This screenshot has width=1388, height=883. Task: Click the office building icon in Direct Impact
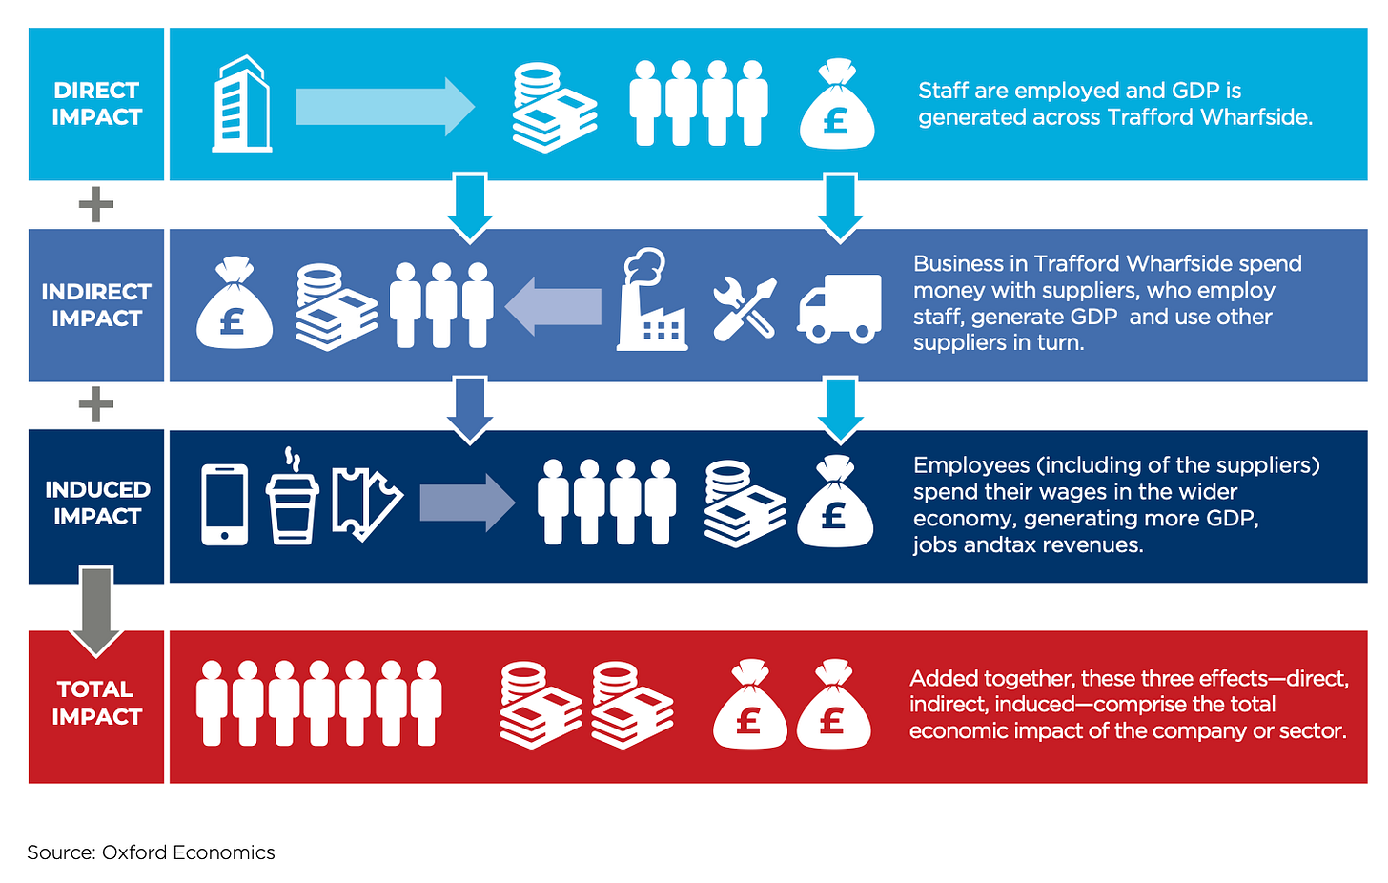pos(241,104)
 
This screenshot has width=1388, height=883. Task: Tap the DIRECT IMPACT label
pos(96,104)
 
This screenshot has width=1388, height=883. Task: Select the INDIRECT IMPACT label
pos(96,305)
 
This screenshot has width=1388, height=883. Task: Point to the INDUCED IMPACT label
pos(97,503)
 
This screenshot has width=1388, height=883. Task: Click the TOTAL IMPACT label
pos(96,703)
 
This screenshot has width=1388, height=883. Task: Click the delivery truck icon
pos(839,308)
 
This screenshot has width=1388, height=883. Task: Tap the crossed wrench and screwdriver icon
pos(745,308)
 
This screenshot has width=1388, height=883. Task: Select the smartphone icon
pos(225,504)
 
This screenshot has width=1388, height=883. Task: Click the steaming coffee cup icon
pos(292,498)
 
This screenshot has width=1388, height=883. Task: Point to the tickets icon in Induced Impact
pos(366,503)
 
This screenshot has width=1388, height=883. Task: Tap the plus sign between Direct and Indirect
pos(95,205)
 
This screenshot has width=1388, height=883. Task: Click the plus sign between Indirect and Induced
pos(95,405)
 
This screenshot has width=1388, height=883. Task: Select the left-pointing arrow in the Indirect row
pos(554,306)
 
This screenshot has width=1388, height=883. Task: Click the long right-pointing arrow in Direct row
pos(384,106)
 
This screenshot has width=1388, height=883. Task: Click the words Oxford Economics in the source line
pos(188,852)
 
